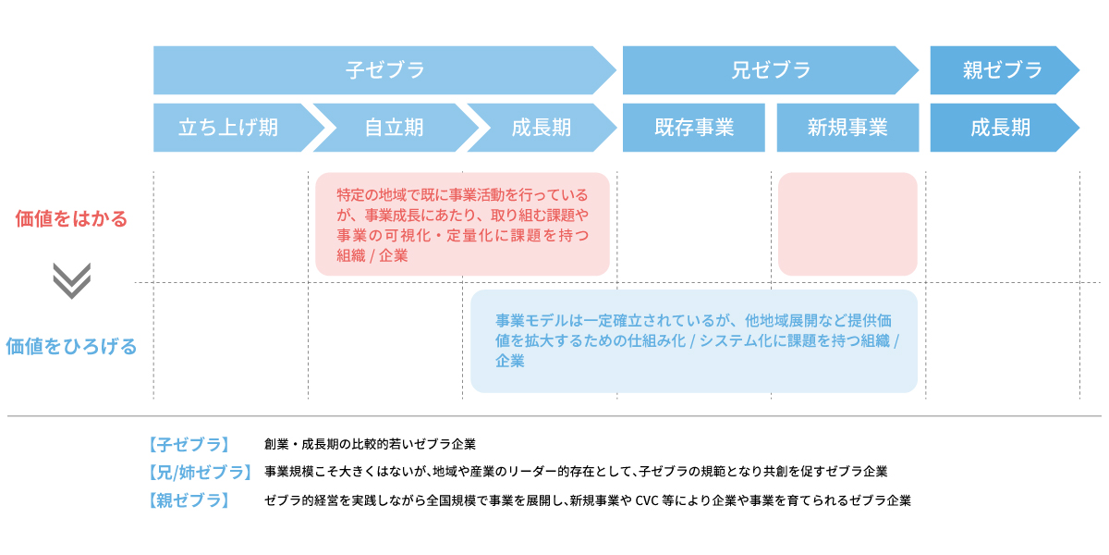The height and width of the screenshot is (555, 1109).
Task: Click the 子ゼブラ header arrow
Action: [x=384, y=70]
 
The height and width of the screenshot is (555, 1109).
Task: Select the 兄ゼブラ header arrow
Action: [x=771, y=70]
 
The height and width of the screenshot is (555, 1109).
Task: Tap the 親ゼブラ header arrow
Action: [x=1005, y=70]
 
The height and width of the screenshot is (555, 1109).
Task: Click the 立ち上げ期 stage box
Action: [x=238, y=128]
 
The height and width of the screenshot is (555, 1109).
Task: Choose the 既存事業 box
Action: [x=694, y=128]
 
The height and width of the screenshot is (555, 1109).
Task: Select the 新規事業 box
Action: [x=847, y=128]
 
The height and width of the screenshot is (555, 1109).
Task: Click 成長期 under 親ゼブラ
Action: [x=1005, y=128]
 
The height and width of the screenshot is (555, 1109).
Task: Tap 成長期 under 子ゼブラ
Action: [x=542, y=128]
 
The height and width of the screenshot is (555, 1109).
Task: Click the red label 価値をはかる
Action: [x=71, y=218]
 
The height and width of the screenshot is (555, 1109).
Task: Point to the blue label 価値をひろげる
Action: [x=71, y=346]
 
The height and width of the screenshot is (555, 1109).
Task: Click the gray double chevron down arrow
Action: [x=72, y=280]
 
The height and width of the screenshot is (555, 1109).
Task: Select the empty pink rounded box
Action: [x=847, y=224]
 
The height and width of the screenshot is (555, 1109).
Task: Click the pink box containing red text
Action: [x=462, y=224]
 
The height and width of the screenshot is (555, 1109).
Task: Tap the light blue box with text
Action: [x=694, y=341]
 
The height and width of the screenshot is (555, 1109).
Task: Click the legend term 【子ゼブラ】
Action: [x=189, y=445]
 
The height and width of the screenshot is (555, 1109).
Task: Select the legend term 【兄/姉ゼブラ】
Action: [x=200, y=473]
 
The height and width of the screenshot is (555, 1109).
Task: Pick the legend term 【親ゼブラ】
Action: [x=189, y=500]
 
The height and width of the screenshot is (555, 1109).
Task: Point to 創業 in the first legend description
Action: [x=276, y=444]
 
